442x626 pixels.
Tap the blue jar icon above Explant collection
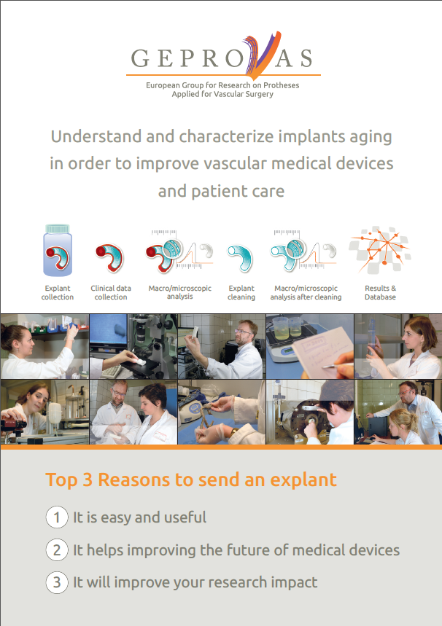[58, 250]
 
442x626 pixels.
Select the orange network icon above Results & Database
[380, 250]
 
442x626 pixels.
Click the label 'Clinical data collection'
[111, 293]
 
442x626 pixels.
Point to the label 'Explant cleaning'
[241, 293]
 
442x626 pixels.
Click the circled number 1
[57, 517]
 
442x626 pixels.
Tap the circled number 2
[57, 549]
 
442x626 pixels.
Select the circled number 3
[57, 582]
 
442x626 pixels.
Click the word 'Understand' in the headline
[96, 136]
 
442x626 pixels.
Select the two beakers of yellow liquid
[288, 328]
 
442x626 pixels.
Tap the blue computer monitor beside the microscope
[108, 333]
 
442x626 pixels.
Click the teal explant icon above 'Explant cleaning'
[240, 258]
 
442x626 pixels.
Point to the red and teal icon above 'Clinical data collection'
[109, 257]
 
